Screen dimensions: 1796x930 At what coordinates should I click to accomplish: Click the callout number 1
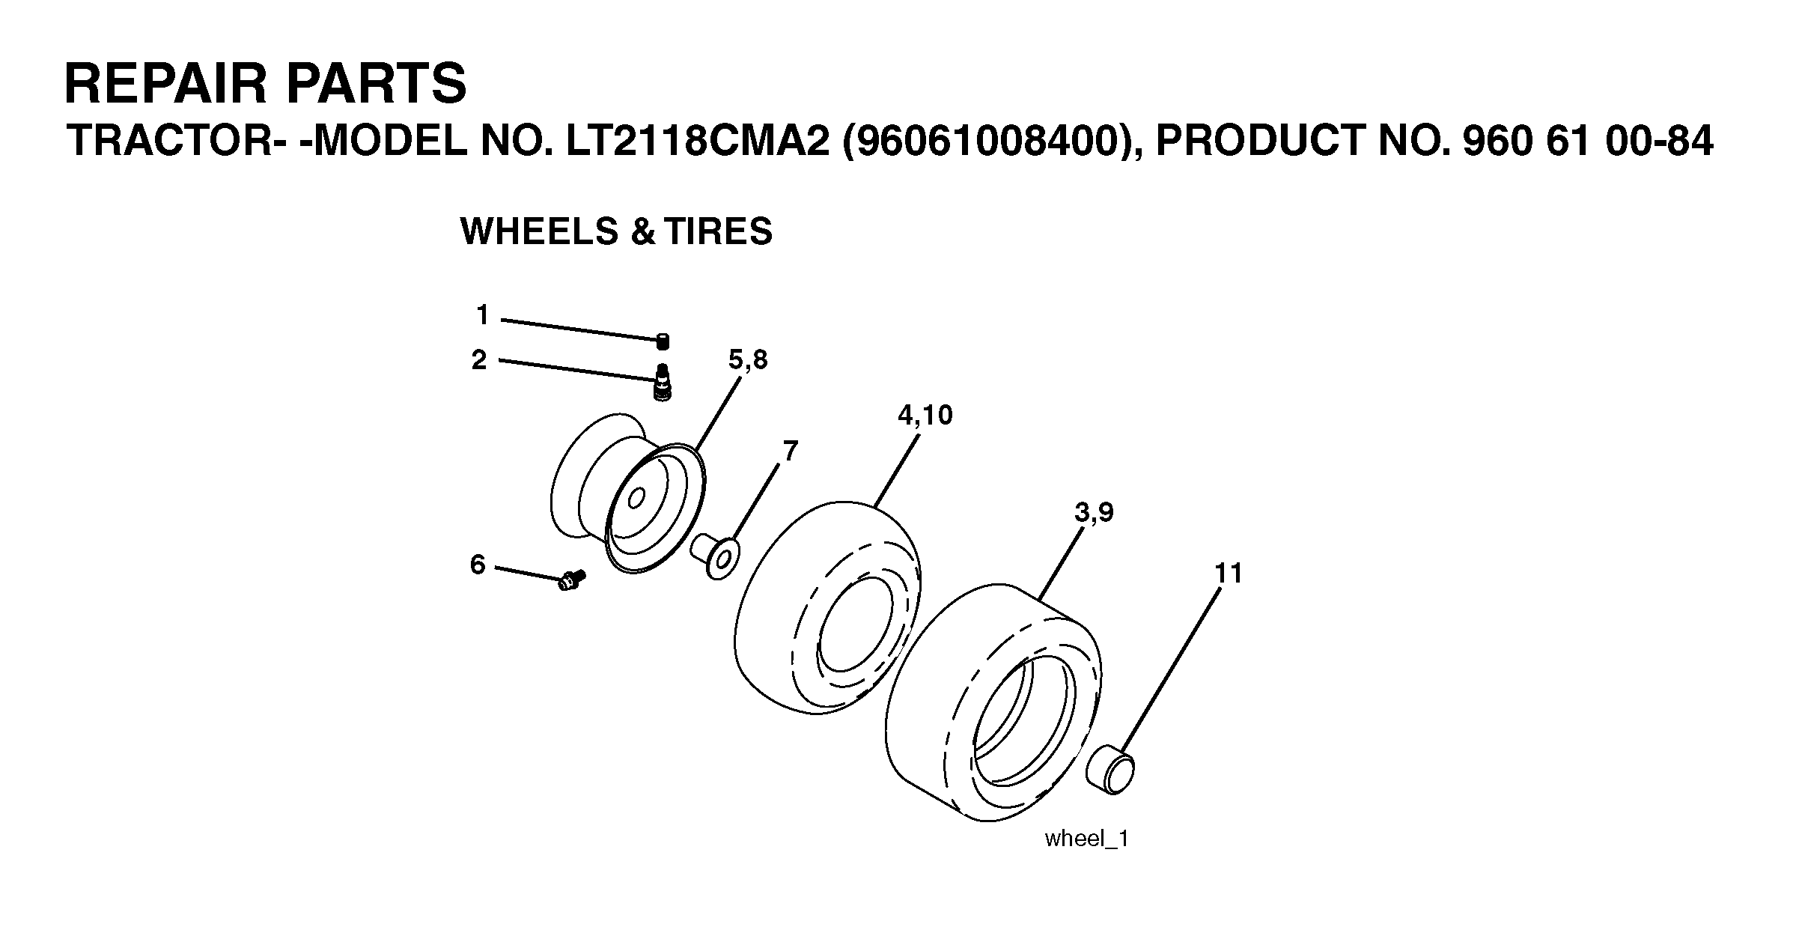(x=482, y=315)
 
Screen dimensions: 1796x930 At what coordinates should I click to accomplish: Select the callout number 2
(x=479, y=360)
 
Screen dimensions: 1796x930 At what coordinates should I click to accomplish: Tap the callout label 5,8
(x=748, y=361)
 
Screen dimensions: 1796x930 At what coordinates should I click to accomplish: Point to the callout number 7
(x=790, y=451)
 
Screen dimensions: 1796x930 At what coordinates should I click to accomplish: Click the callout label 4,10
(x=925, y=416)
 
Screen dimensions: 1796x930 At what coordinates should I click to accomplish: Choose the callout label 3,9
(x=1094, y=513)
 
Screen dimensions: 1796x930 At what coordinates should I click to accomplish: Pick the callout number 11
(x=1229, y=573)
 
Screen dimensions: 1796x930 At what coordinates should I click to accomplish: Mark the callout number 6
(x=478, y=564)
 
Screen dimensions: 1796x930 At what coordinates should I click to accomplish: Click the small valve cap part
(x=662, y=341)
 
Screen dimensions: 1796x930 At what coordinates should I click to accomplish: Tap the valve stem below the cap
(x=663, y=383)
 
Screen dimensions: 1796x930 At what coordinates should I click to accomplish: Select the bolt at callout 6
(x=571, y=579)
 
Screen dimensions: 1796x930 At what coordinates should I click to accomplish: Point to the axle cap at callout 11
(x=1110, y=768)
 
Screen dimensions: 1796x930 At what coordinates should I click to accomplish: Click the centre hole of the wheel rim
(x=637, y=498)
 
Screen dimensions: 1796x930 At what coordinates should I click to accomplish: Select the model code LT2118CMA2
(x=698, y=141)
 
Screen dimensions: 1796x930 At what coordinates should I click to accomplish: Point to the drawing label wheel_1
(x=1086, y=839)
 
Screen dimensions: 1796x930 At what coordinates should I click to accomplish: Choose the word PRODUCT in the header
(x=1258, y=141)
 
